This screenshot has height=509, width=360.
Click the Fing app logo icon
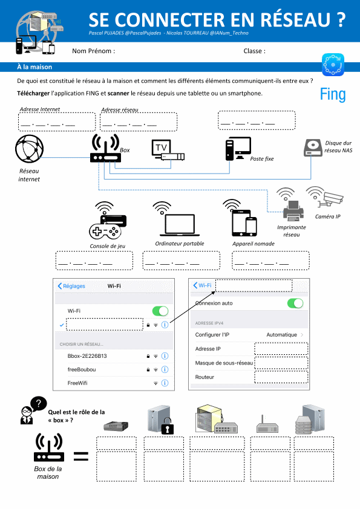pyautogui.click(x=333, y=65)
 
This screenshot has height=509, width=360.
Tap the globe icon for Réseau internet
pyautogui.click(x=29, y=149)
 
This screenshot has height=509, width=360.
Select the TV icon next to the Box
pyautogui.click(x=168, y=150)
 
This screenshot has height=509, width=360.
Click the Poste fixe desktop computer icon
pyautogui.click(x=238, y=149)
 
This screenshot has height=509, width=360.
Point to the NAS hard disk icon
pyautogui.click(x=313, y=148)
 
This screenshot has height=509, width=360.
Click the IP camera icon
pyautogui.click(x=326, y=196)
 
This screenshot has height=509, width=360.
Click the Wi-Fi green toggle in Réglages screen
pyautogui.click(x=160, y=311)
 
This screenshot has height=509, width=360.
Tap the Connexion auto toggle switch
pyautogui.click(x=295, y=303)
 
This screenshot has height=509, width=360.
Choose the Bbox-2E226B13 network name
pyautogui.click(x=87, y=356)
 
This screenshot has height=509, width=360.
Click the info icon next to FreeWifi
pyautogui.click(x=165, y=383)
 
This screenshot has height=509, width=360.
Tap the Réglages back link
pyautogui.click(x=71, y=286)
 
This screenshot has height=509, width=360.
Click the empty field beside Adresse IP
pyautogui.click(x=281, y=349)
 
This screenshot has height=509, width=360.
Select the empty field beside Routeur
pyautogui.click(x=281, y=377)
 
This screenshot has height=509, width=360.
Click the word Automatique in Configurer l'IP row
pyautogui.click(x=282, y=335)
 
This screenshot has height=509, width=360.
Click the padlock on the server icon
pyautogui.click(x=168, y=426)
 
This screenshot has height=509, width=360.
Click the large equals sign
pyautogui.click(x=81, y=456)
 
